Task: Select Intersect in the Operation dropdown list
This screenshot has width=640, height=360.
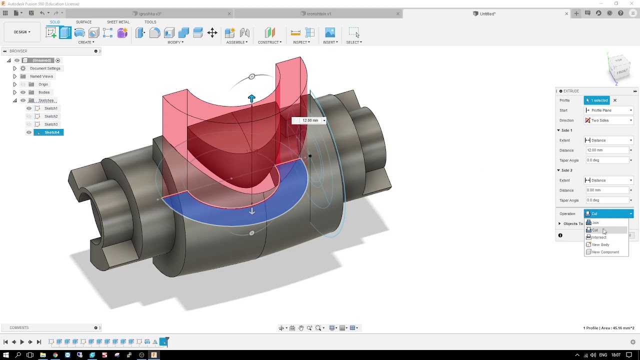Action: point(599,237)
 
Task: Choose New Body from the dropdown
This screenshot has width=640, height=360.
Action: point(600,245)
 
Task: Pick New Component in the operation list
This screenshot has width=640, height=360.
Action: point(605,252)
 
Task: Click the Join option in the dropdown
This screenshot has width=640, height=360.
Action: point(595,223)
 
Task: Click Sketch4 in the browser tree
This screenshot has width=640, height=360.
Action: point(51,132)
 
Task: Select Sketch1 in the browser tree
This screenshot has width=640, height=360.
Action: point(50,108)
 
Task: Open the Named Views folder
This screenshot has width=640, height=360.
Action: point(41,76)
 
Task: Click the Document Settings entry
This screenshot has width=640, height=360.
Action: point(44,68)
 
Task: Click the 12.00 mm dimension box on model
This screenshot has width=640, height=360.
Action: point(310,120)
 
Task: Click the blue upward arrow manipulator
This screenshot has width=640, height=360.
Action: point(251,99)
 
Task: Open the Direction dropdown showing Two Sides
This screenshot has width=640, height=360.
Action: point(608,120)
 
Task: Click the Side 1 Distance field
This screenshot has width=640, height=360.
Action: point(606,150)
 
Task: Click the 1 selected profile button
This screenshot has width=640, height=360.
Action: point(597,100)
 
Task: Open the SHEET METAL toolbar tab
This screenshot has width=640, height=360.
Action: point(118,22)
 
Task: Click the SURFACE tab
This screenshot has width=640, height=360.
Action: point(83,22)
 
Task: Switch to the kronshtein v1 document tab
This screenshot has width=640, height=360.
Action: point(318,13)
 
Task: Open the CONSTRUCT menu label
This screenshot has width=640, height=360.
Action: point(269,42)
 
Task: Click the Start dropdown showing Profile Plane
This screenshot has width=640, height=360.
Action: point(608,110)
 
